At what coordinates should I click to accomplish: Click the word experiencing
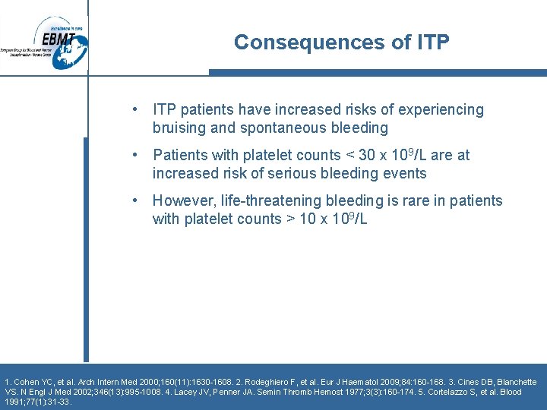pos(435,110)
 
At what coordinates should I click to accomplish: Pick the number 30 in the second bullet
pos(367,156)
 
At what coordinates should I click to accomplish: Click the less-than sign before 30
pos(349,156)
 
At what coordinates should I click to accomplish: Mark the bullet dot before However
pos(134,201)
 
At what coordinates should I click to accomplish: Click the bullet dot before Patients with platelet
pos(134,156)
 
